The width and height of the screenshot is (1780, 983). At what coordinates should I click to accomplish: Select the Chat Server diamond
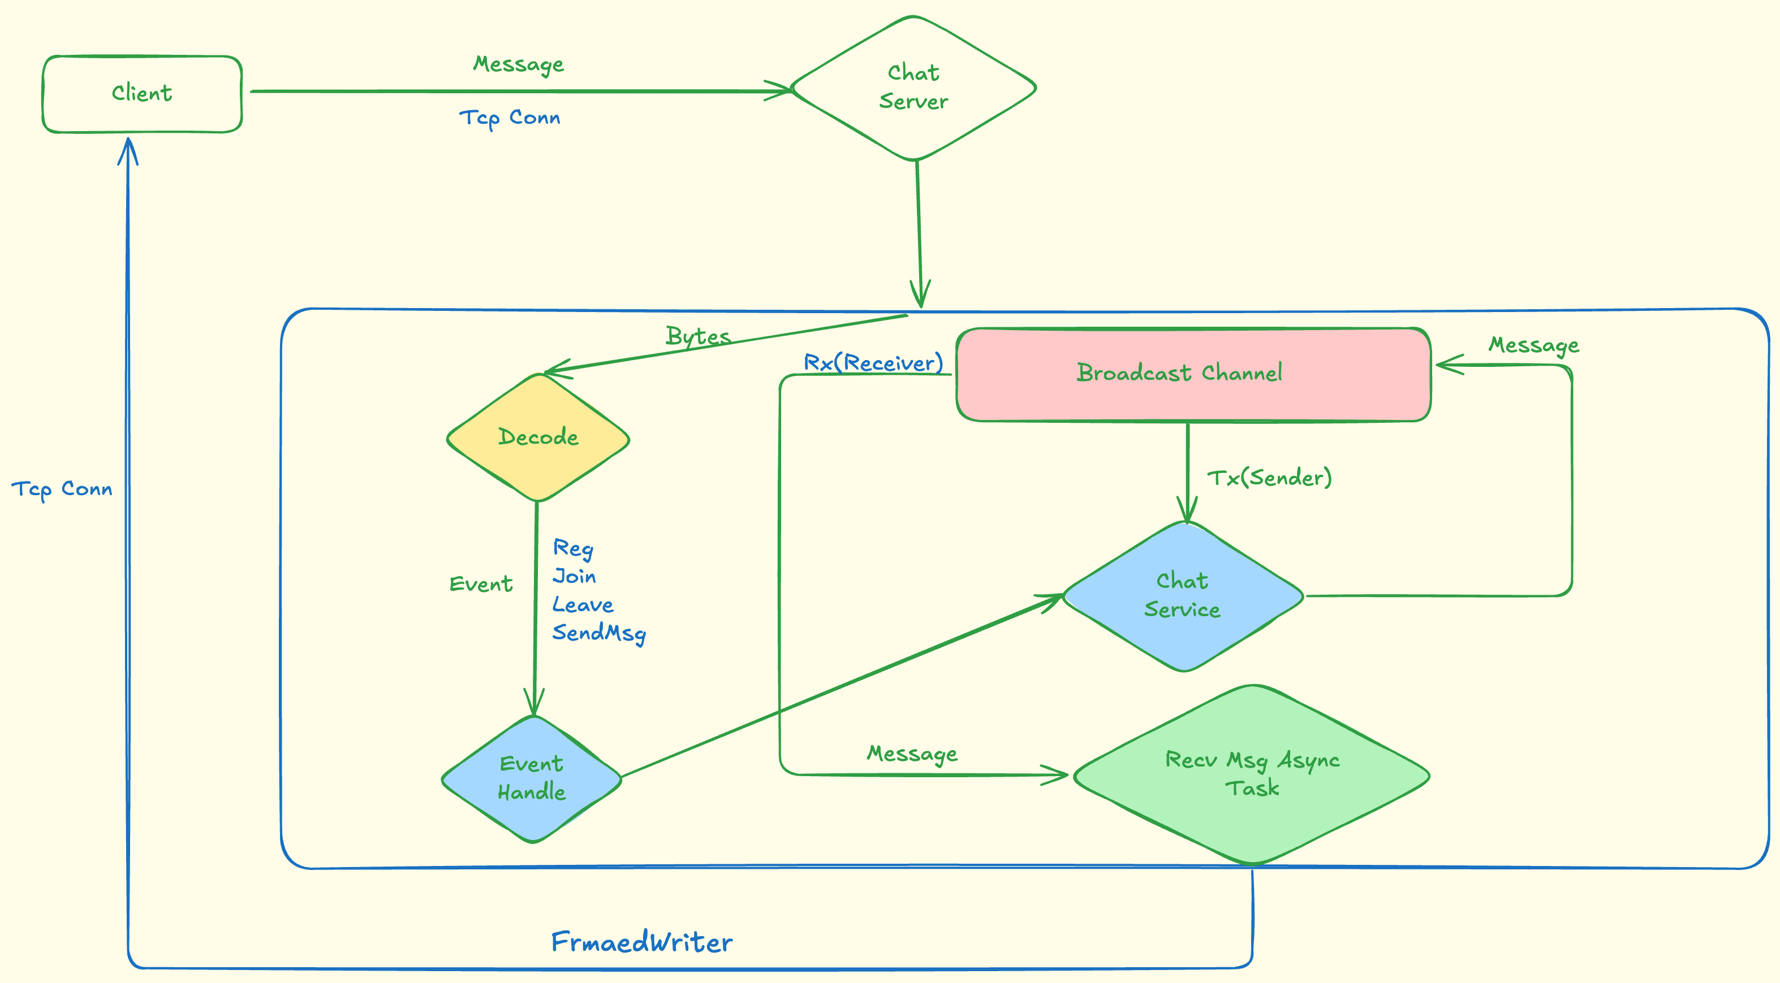tap(913, 88)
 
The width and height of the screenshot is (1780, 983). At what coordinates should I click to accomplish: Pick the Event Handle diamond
tap(531, 778)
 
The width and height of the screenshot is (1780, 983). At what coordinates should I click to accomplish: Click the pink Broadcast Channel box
tap(1193, 374)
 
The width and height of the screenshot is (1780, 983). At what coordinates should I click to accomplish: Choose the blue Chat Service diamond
tap(1183, 595)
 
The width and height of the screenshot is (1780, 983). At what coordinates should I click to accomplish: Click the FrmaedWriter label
tap(641, 942)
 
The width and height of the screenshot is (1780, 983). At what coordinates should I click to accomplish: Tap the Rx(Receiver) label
tap(873, 363)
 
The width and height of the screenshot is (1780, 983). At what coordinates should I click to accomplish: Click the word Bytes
tap(698, 336)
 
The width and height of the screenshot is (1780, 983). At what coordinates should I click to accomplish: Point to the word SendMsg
tap(599, 633)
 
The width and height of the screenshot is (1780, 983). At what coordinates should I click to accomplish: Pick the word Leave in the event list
tap(583, 605)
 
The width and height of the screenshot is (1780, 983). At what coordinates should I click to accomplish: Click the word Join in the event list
tap(574, 576)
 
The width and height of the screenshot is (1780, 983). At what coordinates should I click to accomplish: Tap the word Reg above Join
tap(573, 548)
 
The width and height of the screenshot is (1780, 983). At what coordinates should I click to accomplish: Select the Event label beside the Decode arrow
tap(481, 584)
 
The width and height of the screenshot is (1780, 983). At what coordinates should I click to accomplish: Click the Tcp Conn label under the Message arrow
tap(510, 118)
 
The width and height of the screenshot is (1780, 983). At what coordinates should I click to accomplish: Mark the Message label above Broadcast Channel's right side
tap(1533, 345)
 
